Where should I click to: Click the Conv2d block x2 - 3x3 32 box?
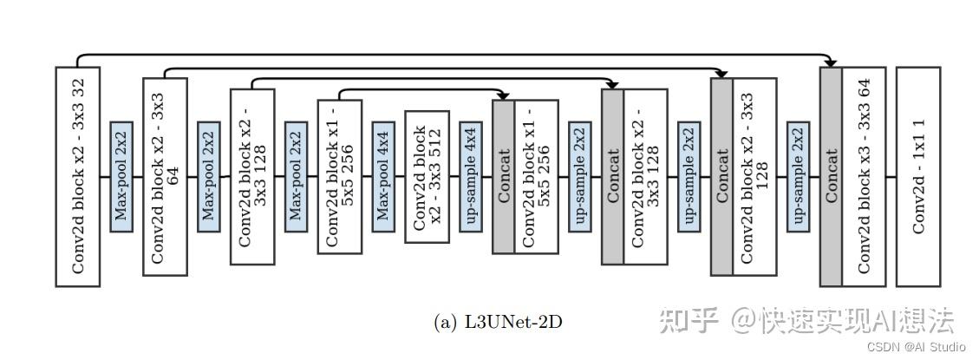(x=78, y=176)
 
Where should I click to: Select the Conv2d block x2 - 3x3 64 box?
(x=165, y=176)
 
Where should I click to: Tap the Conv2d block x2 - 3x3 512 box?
(x=427, y=176)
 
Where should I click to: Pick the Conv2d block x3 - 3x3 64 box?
(x=864, y=176)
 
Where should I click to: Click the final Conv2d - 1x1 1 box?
(x=918, y=176)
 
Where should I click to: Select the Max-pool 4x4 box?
(x=383, y=176)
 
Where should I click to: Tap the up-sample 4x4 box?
(x=471, y=176)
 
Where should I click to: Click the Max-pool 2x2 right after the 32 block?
(x=121, y=176)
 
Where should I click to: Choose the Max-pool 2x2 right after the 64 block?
(x=209, y=176)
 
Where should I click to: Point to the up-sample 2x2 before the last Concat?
(x=798, y=176)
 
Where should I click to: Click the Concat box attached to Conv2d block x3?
(x=831, y=176)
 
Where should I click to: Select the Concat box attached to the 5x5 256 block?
(x=503, y=176)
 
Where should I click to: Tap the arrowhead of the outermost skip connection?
(x=831, y=62)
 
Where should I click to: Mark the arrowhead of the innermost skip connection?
(x=503, y=95)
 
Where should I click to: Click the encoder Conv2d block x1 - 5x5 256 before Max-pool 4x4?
(x=339, y=176)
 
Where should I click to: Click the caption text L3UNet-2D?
(x=498, y=322)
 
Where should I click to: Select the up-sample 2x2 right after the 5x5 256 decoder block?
(x=579, y=176)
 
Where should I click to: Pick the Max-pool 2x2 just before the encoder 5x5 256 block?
(x=296, y=176)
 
